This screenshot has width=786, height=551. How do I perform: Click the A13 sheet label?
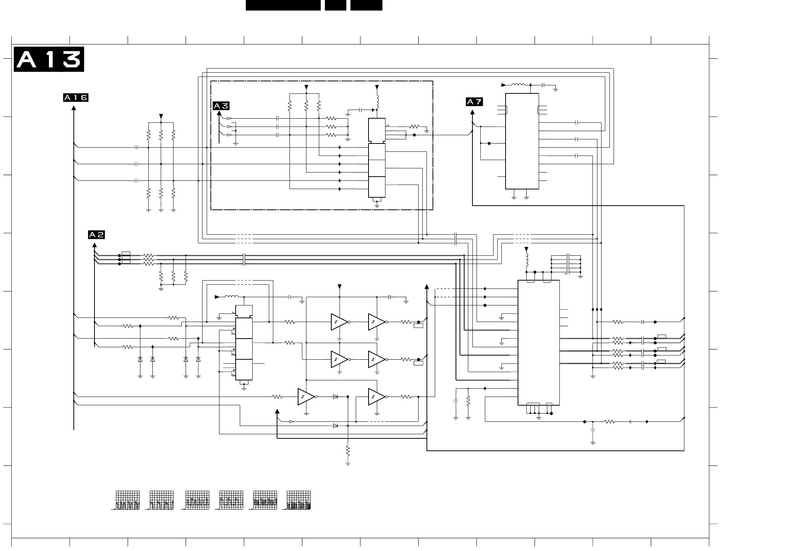(x=49, y=59)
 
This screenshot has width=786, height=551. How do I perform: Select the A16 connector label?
(x=75, y=98)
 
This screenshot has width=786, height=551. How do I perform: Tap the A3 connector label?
(x=221, y=106)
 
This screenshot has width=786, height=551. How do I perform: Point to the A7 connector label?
(x=474, y=102)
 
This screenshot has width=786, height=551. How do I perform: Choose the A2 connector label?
(x=96, y=235)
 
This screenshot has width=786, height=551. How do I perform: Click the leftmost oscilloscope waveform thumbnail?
(x=128, y=500)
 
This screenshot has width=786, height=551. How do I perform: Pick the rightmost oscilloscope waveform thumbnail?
(x=299, y=500)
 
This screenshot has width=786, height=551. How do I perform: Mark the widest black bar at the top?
(x=283, y=5)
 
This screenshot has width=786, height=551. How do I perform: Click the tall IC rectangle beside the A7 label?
(x=522, y=141)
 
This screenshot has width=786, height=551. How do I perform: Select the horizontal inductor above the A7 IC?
(x=518, y=85)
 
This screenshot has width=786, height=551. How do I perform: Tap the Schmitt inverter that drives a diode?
(x=306, y=397)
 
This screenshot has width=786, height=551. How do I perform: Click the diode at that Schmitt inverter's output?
(x=335, y=397)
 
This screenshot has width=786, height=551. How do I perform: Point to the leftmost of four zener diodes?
(x=140, y=359)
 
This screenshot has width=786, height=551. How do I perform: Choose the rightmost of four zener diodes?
(x=198, y=359)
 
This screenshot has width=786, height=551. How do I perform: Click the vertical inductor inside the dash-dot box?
(x=377, y=101)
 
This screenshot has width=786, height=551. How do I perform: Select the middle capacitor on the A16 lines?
(x=136, y=164)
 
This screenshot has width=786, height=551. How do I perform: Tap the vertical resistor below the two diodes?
(x=347, y=450)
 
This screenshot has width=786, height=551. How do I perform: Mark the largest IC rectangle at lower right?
(x=539, y=343)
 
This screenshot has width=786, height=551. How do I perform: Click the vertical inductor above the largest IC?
(x=526, y=259)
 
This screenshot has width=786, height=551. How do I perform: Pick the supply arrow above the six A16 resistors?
(x=161, y=116)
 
